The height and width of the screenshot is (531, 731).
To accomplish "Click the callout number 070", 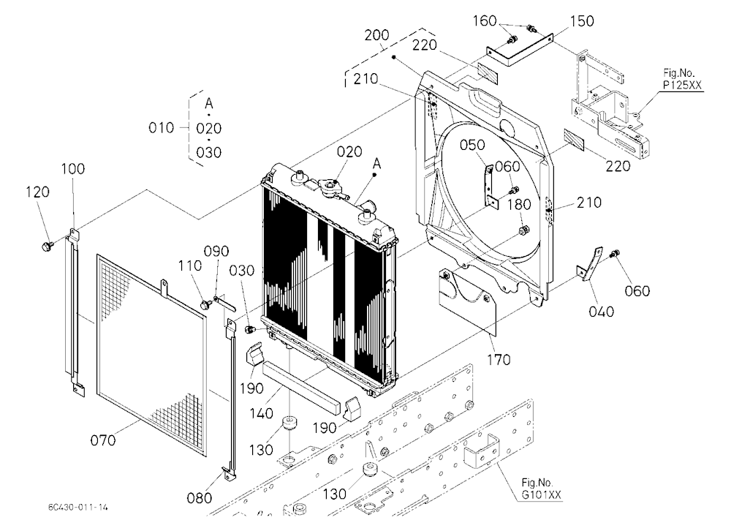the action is tap(103, 440).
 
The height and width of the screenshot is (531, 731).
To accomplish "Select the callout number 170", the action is tap(499, 359).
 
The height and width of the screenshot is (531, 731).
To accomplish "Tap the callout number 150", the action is tap(581, 21).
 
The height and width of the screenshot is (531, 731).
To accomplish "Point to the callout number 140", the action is tap(261, 413).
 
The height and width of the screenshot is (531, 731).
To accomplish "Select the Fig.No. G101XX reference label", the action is tap(540, 489).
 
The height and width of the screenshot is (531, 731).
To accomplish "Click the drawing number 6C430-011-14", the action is tap(77, 507).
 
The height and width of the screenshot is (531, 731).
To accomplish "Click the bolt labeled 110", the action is tap(205, 305).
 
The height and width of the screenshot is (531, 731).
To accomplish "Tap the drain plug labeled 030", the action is tap(249, 330).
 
